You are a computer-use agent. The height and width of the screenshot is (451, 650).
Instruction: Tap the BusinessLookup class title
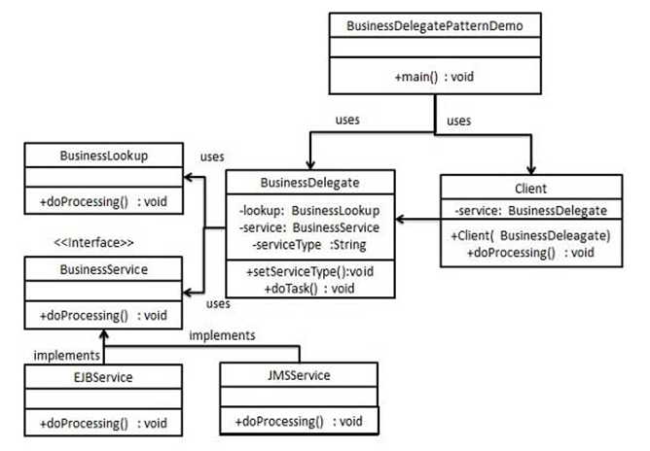tap(104, 155)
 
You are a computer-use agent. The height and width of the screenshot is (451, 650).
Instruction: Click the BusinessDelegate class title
tap(310, 182)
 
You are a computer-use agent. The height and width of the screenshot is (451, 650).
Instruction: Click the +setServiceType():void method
tap(310, 272)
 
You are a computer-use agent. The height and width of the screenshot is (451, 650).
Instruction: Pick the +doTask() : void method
tap(310, 289)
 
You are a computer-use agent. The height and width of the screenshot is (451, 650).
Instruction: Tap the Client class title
tap(530, 187)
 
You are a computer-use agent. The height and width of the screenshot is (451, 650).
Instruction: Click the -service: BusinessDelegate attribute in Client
tap(530, 209)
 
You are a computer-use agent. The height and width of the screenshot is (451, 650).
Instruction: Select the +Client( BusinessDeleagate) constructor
tap(530, 236)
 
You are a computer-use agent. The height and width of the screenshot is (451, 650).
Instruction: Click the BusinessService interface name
tap(104, 267)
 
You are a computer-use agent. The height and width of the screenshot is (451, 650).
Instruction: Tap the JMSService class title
tap(300, 374)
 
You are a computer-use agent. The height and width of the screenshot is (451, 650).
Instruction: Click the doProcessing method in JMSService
tap(300, 421)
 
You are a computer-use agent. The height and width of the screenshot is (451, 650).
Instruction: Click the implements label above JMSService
tap(222, 335)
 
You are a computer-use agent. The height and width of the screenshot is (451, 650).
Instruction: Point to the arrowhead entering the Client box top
tap(530, 169)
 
